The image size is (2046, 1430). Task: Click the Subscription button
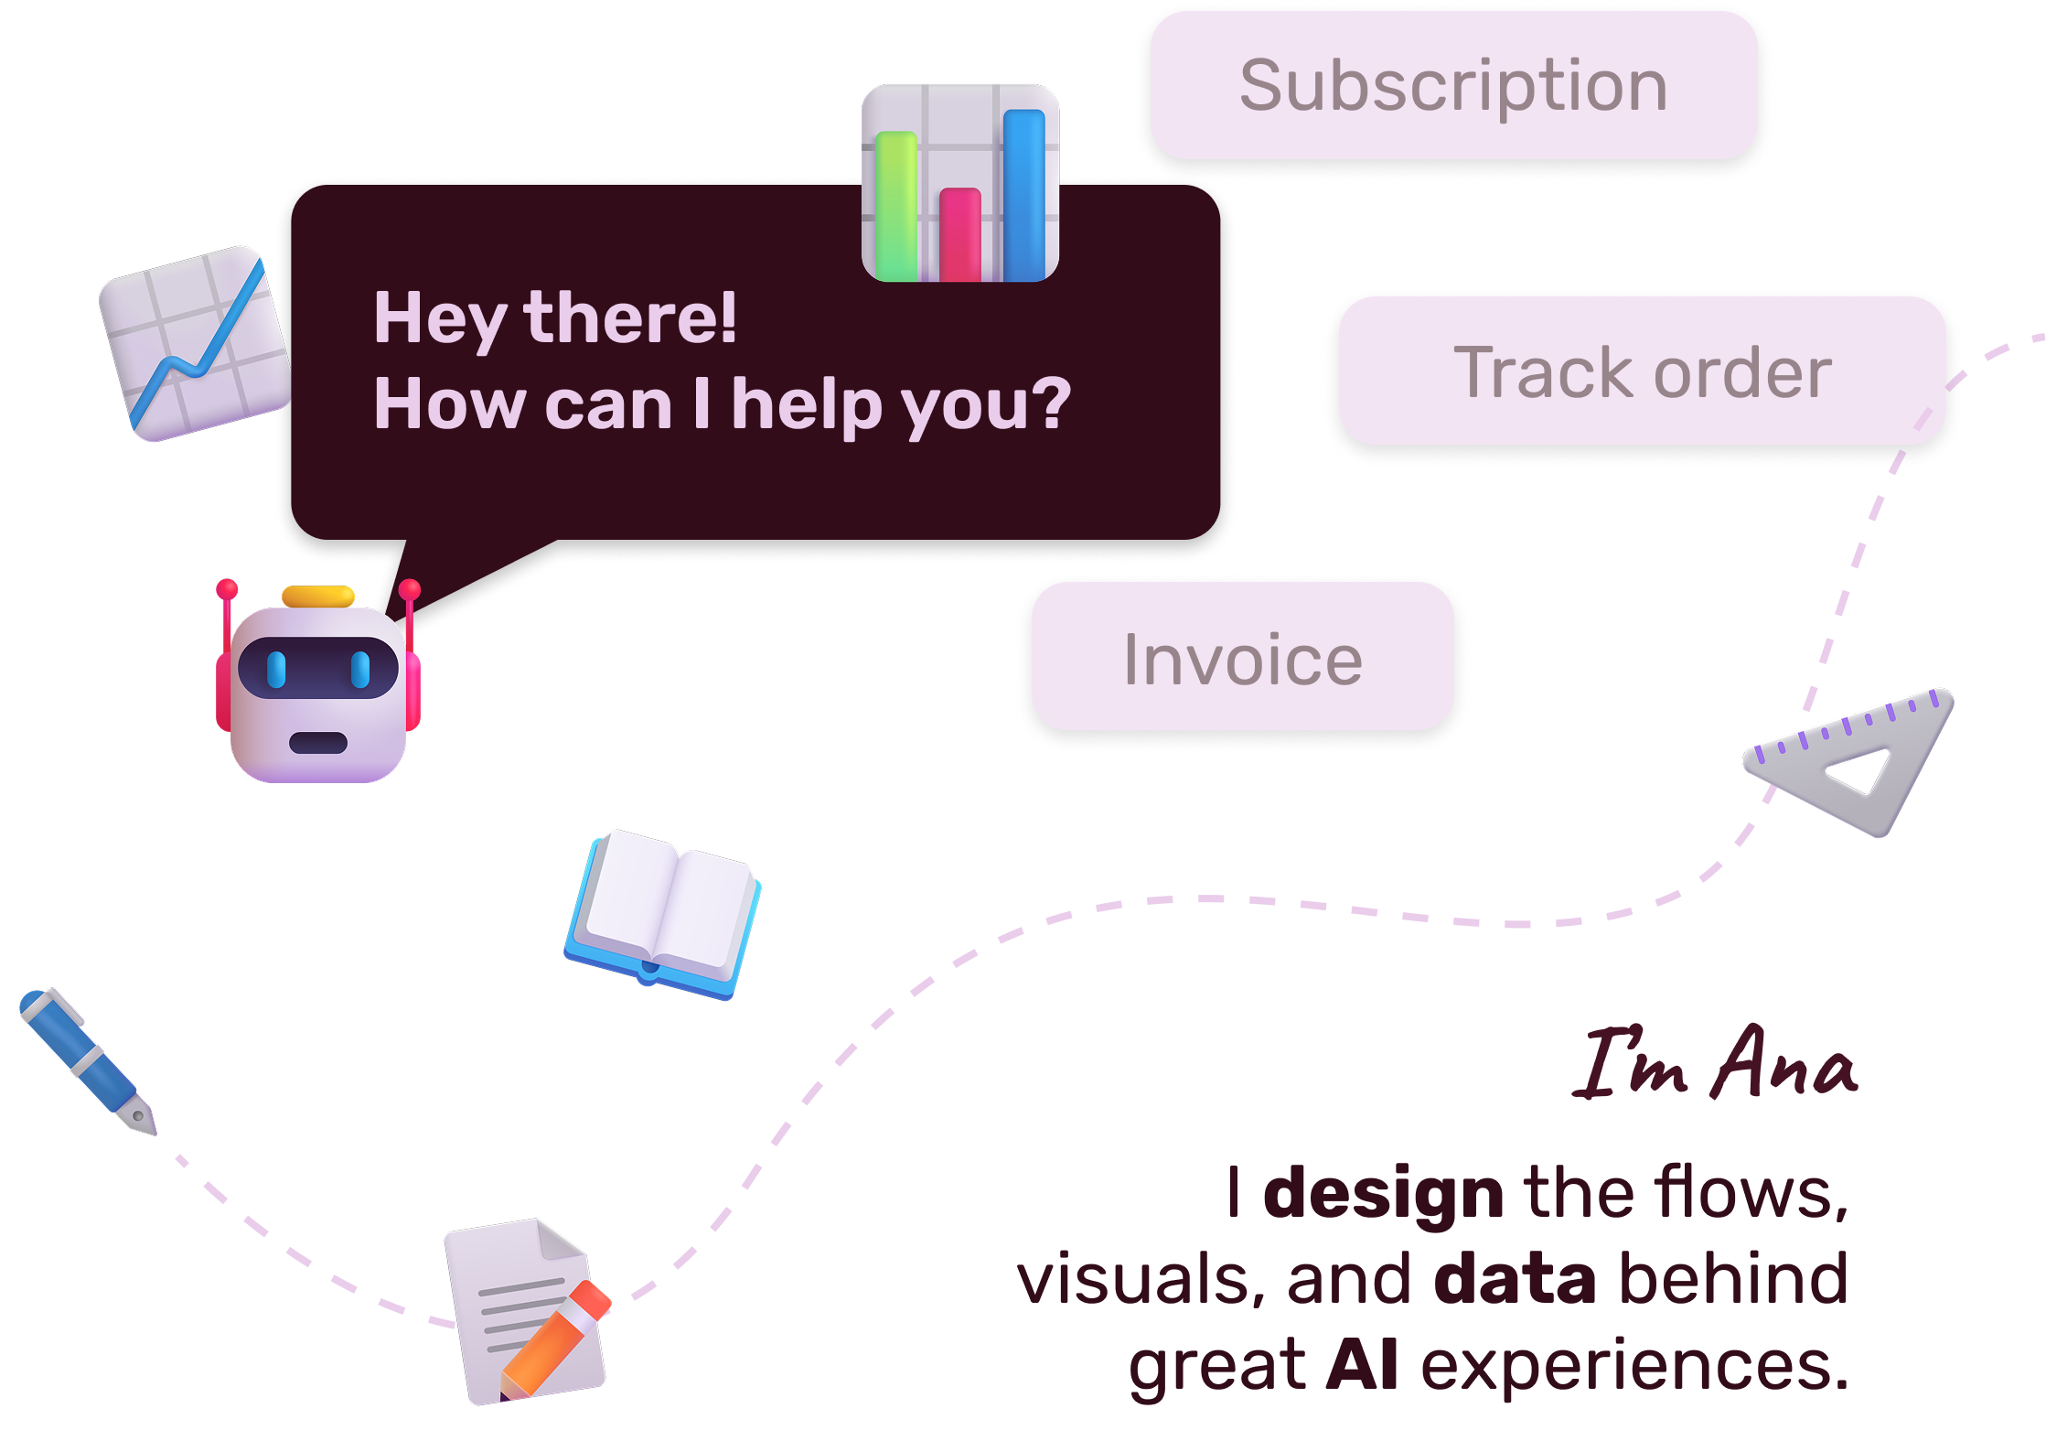coord(1453,85)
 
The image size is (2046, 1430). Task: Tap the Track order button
coord(1642,371)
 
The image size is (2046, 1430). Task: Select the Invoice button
coord(1242,658)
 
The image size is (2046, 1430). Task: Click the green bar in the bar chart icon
coord(896,206)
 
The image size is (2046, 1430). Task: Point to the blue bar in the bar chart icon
coord(1023,194)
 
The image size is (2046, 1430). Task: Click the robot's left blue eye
coord(276,669)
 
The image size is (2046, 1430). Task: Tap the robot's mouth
coord(317,742)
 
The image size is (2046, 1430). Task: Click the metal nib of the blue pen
coord(139,1116)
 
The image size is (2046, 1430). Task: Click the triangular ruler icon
coord(1857,759)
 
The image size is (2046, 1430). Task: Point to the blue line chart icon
coord(195,343)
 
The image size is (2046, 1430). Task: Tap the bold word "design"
coord(1382,1193)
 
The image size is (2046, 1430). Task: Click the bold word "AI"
coord(1361,1364)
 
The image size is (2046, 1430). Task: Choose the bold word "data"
coord(1515,1278)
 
